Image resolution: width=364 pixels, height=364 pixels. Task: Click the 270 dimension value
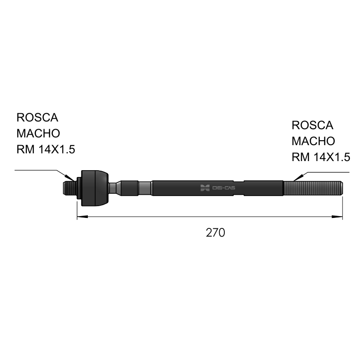click(215, 233)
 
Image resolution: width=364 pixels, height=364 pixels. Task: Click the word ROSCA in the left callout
click(37, 117)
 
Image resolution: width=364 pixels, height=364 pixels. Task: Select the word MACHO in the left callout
click(38, 133)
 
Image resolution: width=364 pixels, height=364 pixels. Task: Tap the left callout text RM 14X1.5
click(46, 149)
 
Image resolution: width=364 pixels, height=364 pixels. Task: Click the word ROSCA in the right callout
click(313, 126)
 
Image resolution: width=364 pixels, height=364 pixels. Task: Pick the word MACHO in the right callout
click(313, 141)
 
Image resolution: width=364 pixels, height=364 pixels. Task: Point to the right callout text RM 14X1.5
click(321, 157)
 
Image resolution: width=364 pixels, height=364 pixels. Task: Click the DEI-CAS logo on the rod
click(218, 188)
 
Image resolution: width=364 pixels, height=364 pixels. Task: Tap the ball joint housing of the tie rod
click(95, 188)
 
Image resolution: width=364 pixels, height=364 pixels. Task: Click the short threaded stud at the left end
click(70, 188)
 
